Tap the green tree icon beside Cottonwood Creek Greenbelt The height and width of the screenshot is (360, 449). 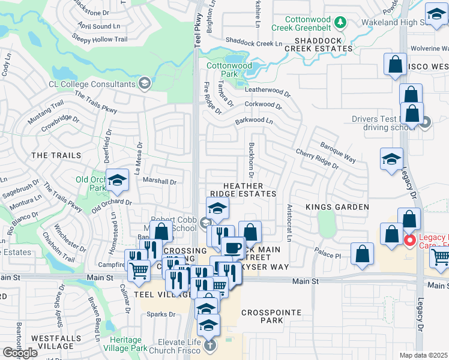click(341, 23)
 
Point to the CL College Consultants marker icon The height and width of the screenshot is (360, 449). click(143, 85)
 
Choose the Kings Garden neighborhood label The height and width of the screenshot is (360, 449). click(337, 207)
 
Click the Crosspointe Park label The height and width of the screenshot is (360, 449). click(262, 316)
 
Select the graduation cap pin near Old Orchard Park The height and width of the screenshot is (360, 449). click(118, 179)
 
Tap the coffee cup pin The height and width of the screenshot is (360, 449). click(233, 247)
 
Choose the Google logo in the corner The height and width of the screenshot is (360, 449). click(20, 353)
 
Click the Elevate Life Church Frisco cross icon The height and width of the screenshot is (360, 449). click(209, 345)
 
